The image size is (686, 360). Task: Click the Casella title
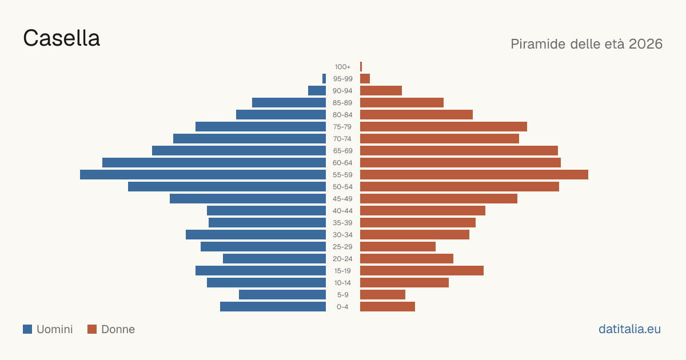pyautogui.click(x=61, y=38)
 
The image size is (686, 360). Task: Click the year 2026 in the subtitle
pyautogui.click(x=645, y=44)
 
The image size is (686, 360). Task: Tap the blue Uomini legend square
pyautogui.click(x=27, y=329)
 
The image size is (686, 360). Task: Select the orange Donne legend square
pyautogui.click(x=92, y=329)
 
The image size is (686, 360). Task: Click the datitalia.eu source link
pyautogui.click(x=629, y=329)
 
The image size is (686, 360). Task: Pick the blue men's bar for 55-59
pyautogui.click(x=203, y=174)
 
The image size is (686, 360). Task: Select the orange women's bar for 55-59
pyautogui.click(x=474, y=174)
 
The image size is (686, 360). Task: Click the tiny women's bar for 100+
pyautogui.click(x=361, y=66)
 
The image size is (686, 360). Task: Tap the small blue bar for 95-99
pyautogui.click(x=324, y=79)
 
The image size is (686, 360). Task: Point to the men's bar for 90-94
pyautogui.click(x=317, y=91)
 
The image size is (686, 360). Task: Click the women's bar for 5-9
pyautogui.click(x=382, y=294)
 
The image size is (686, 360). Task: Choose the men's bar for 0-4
pyautogui.click(x=273, y=306)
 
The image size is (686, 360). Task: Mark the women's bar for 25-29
pyautogui.click(x=398, y=246)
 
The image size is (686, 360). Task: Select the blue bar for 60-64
pyautogui.click(x=214, y=162)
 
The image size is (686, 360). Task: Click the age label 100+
pyautogui.click(x=342, y=67)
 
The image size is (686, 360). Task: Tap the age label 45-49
pyautogui.click(x=342, y=199)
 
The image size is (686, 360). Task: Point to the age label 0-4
pyautogui.click(x=342, y=307)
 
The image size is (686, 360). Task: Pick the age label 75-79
pyautogui.click(x=342, y=127)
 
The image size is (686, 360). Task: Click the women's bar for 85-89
pyautogui.click(x=402, y=102)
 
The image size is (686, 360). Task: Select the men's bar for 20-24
pyautogui.click(x=274, y=259)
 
